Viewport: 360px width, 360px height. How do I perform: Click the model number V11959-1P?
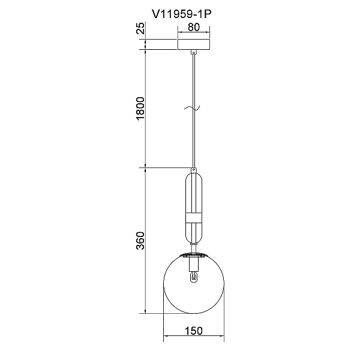pos(181,14)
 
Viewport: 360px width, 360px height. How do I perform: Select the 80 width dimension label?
pos(194,27)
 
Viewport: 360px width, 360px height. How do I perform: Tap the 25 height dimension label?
pos(140,28)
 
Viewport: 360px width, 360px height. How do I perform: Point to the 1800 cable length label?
pos(140,109)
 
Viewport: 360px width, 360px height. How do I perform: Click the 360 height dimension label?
pos(140,241)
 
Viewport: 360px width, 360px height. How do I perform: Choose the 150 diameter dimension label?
pos(194,331)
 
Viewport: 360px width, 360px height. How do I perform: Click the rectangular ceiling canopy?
pos(194,44)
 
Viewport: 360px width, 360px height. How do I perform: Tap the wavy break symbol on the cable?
pos(192,107)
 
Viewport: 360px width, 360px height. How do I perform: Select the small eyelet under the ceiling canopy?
pos(194,52)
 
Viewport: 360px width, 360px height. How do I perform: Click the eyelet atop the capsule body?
pos(194,170)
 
